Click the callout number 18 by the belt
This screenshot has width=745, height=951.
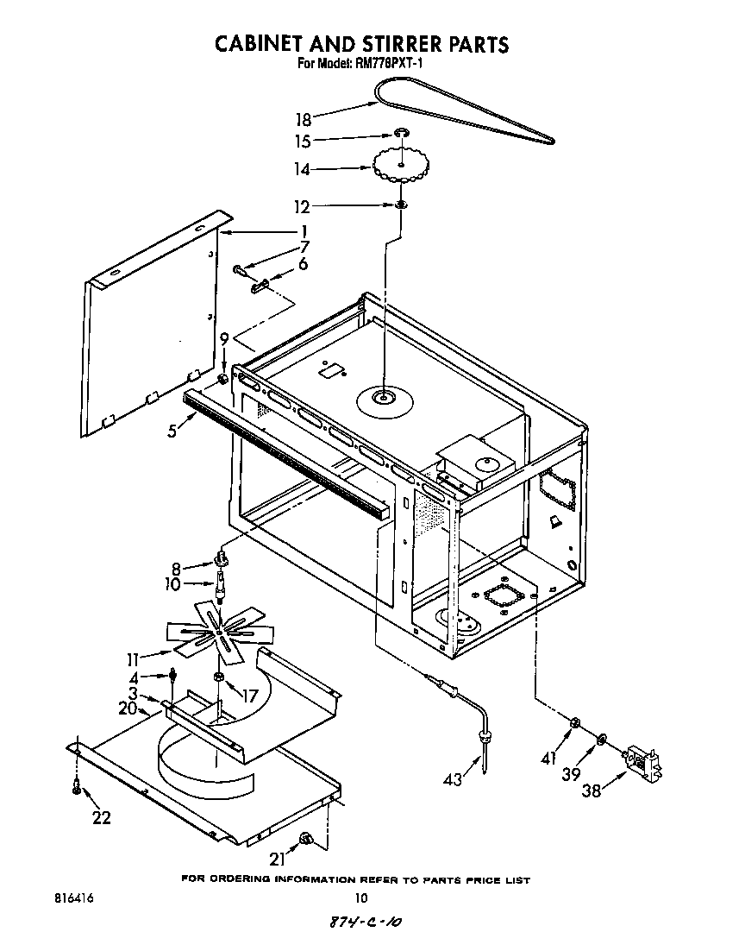[x=303, y=119]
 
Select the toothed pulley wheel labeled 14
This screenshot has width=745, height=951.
[x=401, y=164]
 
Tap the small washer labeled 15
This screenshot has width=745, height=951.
[x=401, y=133]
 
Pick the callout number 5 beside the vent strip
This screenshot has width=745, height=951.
[x=174, y=429]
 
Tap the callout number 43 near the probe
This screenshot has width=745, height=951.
[x=452, y=780]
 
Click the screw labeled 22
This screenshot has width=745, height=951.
[x=77, y=787]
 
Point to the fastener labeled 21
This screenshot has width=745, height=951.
[x=306, y=838]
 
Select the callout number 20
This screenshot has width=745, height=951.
[x=128, y=709]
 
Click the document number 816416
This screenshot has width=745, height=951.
[x=72, y=897]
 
